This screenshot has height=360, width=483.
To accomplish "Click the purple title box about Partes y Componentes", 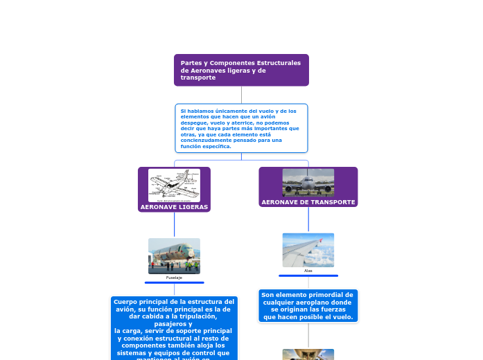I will click(x=241, y=70).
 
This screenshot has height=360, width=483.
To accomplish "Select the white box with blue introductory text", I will click(x=241, y=128).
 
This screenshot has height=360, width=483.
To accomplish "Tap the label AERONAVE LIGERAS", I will click(x=174, y=207).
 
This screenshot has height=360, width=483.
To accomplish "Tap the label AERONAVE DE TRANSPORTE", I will click(x=308, y=202).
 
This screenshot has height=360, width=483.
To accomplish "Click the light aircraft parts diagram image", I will click(x=174, y=185).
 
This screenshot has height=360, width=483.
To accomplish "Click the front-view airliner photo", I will click(x=308, y=182).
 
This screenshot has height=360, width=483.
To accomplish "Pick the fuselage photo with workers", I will click(x=174, y=255).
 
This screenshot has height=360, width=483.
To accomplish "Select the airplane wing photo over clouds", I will click(x=308, y=249).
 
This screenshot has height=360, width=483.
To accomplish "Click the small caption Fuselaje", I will click(x=174, y=277).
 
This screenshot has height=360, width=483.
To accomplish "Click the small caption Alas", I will click(x=308, y=271).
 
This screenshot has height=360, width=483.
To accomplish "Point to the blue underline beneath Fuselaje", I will click(x=174, y=282).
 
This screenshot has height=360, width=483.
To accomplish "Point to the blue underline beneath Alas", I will click(x=308, y=276).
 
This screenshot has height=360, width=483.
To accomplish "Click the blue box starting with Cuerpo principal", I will click(x=174, y=329).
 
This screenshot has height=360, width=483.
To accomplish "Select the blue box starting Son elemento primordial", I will click(x=308, y=306).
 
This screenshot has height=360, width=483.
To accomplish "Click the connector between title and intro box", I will click(x=241, y=95).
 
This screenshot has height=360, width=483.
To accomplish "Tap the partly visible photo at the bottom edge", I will click(x=308, y=354).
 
